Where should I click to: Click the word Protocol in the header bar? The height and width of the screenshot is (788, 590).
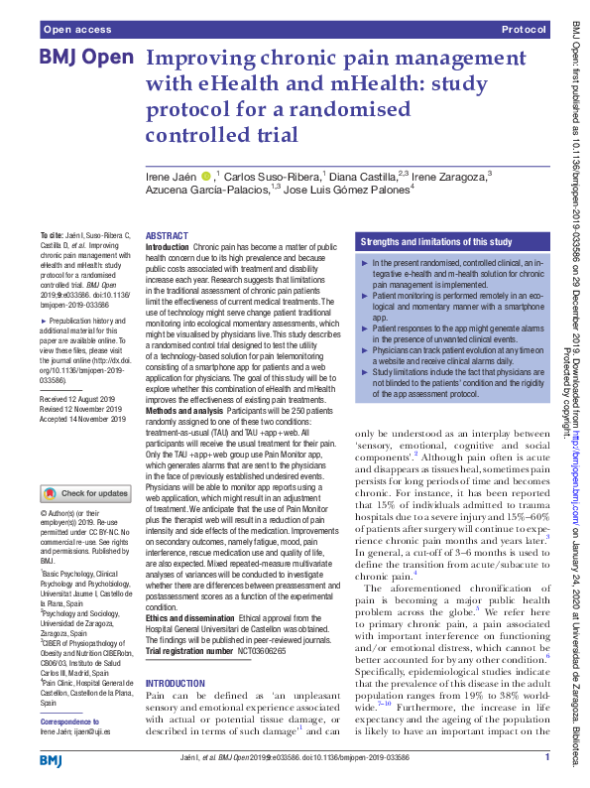click(x=525, y=31)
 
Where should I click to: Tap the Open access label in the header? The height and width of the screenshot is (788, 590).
click(x=77, y=31)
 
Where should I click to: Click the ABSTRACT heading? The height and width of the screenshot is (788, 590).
click(x=167, y=236)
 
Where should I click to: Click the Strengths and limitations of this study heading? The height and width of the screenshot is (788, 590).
click(x=435, y=241)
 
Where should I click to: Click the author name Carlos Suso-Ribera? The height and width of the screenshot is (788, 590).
click(x=264, y=177)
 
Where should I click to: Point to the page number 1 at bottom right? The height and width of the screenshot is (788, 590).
click(x=547, y=759)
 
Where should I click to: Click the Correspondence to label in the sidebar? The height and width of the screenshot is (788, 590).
click(x=72, y=721)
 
